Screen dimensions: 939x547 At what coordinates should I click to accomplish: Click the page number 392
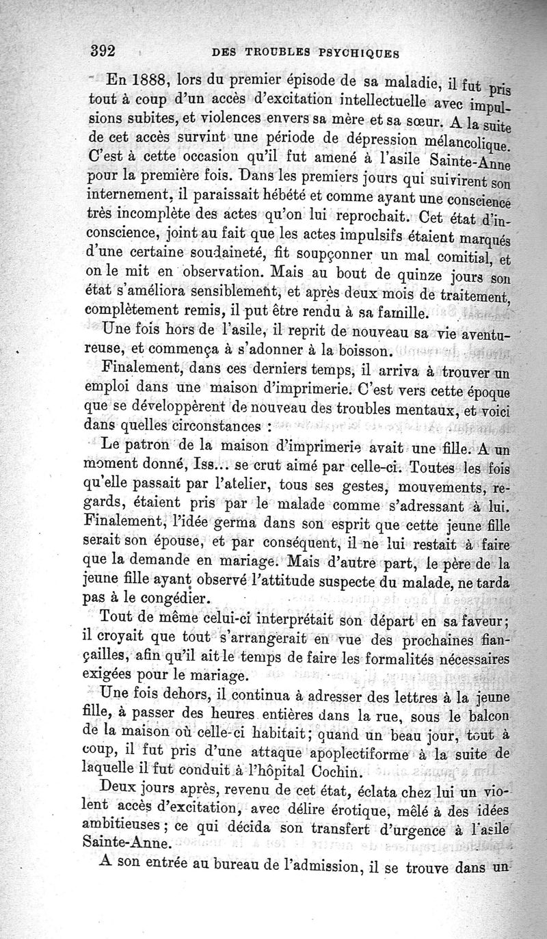(x=106, y=50)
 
